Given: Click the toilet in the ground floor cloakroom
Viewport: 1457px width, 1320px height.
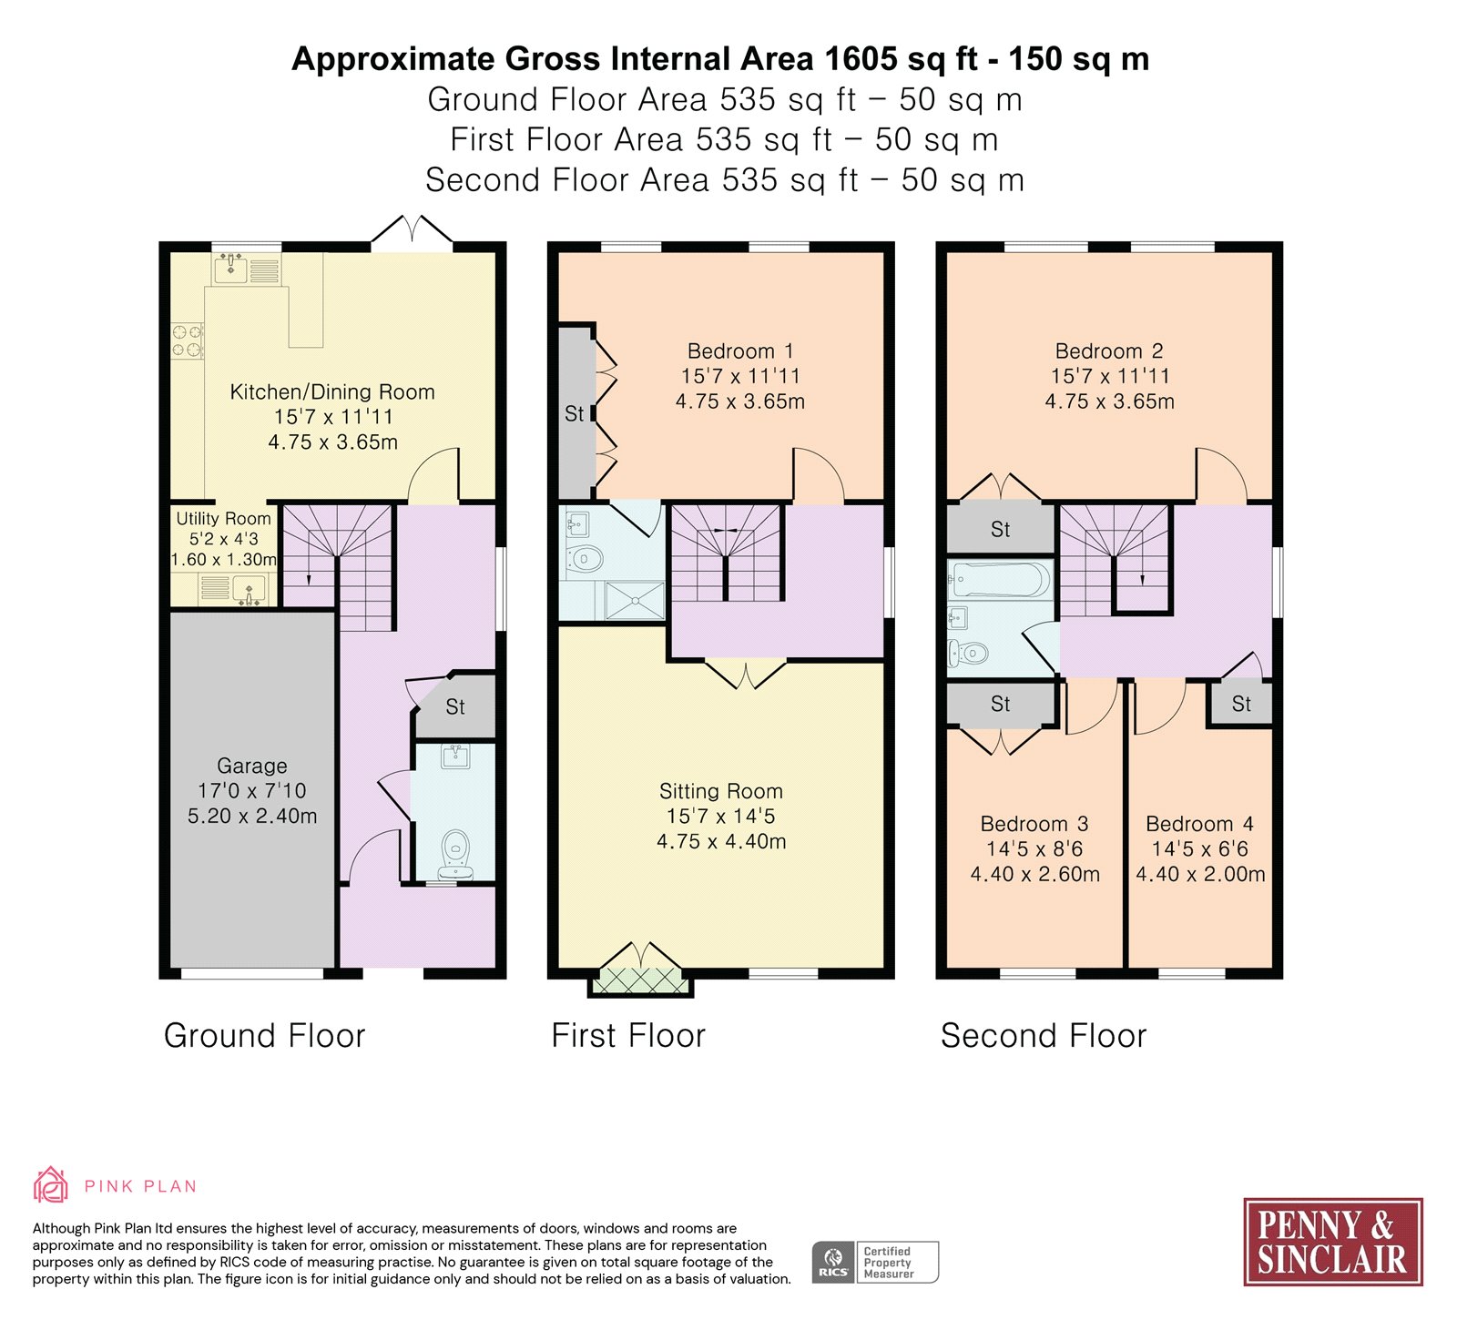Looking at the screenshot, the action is point(455,854).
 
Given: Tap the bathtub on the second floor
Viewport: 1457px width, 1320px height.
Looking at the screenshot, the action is point(1000,580).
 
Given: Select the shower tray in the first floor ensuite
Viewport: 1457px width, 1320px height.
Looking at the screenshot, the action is point(635,601).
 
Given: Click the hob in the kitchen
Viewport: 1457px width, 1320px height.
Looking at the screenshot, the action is point(188,341).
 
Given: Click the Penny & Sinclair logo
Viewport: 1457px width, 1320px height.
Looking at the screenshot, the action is point(1333,1242).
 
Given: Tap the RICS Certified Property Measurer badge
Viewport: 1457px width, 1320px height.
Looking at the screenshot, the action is point(875,1263).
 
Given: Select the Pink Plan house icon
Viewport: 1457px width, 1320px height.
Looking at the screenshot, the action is point(51,1185).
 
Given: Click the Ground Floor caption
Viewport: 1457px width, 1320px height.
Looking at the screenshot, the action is point(264,1036).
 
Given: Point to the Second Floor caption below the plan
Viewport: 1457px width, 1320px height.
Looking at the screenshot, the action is point(1044,1036).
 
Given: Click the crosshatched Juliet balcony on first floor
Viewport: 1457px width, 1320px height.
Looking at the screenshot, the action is point(641,980).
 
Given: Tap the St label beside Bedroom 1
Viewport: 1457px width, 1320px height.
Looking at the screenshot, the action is point(574,414).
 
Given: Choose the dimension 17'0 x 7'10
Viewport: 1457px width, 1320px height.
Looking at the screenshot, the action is point(252,790).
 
